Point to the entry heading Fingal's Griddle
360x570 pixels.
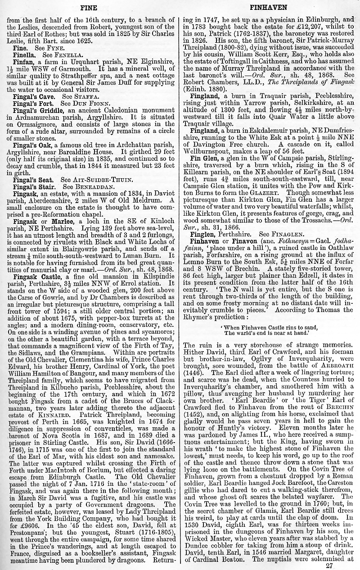click(x=36, y=110)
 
